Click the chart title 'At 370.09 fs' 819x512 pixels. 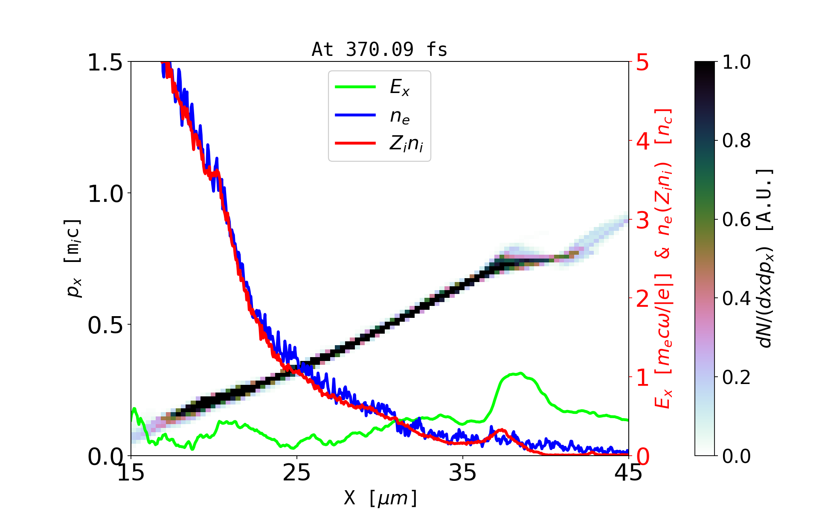(x=379, y=49)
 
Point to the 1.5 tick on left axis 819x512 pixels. (x=105, y=62)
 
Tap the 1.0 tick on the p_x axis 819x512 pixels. (x=105, y=194)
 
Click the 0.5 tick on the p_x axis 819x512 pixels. (x=105, y=325)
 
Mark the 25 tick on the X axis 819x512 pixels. (x=297, y=473)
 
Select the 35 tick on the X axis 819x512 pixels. (x=463, y=473)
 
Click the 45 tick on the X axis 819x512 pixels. (x=629, y=473)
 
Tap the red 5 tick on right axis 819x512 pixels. (x=643, y=62)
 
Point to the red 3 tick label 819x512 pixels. (x=643, y=220)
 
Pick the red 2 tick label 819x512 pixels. (x=643, y=299)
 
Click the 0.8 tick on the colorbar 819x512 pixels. (x=736, y=141)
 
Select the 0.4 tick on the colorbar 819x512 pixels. (x=736, y=299)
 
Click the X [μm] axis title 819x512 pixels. (x=380, y=497)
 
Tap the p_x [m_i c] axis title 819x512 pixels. (x=73, y=259)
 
